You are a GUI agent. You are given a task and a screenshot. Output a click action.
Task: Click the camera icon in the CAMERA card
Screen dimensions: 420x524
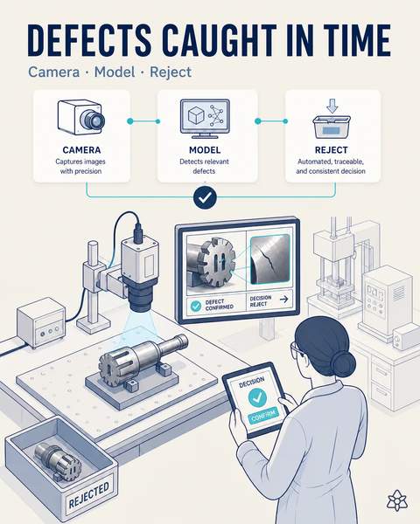pos(81,117)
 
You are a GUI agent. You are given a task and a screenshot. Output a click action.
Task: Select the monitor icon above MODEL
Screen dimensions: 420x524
pos(205,118)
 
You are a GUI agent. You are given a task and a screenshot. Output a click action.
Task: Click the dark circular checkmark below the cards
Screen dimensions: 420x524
pos(205,198)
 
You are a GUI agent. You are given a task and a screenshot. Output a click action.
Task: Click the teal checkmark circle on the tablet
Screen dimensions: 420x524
pos(257,397)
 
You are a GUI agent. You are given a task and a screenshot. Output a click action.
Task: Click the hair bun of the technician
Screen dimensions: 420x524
pos(343,363)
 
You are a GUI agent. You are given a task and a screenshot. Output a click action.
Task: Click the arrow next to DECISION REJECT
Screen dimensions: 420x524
pos(283,299)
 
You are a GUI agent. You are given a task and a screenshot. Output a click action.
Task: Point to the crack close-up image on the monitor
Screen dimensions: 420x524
pos(270,259)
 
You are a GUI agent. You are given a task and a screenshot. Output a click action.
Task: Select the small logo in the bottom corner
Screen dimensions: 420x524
pos(397,500)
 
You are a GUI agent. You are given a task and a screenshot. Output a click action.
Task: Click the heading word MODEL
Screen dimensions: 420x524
pos(205,150)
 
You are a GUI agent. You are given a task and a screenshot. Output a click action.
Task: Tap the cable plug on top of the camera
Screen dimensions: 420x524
pos(138,232)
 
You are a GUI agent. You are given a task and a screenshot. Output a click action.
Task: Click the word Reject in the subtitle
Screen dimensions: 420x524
pos(171,72)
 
